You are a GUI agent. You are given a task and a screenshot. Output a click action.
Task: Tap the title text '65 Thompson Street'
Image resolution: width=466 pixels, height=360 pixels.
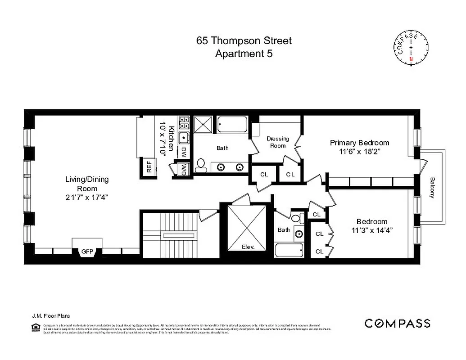244,40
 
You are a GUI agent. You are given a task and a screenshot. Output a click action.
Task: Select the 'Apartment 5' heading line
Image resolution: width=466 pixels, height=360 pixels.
244,54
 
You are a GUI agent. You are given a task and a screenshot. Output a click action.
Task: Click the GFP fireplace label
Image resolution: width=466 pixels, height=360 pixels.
86,252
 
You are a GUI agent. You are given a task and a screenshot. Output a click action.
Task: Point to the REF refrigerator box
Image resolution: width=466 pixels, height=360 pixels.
149,167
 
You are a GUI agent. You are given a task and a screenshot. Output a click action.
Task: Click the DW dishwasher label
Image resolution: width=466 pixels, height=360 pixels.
184,152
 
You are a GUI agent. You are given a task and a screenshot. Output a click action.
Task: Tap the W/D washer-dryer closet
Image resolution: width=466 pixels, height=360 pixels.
184,169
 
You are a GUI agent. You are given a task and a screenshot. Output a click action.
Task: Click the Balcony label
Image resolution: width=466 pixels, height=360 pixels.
432,187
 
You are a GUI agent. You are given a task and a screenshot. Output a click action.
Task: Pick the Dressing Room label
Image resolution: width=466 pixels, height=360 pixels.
277,142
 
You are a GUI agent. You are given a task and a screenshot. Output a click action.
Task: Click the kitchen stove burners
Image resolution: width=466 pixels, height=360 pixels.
185,122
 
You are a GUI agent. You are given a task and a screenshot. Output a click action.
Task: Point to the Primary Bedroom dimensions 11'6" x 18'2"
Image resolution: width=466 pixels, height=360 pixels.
359,152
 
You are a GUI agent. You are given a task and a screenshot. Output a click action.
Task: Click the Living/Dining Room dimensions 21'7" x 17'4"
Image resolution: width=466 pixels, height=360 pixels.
87,197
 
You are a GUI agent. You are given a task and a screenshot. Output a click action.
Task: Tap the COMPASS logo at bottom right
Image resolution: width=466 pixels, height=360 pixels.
397,323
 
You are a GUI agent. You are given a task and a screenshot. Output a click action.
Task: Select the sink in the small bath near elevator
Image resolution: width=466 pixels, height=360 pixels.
299,233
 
